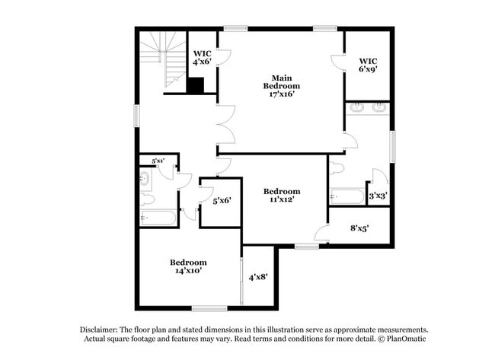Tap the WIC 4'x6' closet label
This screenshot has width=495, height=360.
201,58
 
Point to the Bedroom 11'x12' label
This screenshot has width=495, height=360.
282,196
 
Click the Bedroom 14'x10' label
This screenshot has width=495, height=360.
188,266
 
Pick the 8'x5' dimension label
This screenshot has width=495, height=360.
360,228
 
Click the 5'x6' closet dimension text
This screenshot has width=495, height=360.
222,201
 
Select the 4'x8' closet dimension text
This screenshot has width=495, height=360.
257,277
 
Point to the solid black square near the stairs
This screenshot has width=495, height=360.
195,85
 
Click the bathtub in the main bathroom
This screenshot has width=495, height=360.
348,197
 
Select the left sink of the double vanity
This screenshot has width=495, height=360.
357,108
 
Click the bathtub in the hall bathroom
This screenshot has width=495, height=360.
158,218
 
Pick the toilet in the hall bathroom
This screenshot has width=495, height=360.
147,199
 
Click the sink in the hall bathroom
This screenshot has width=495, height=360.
145,180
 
